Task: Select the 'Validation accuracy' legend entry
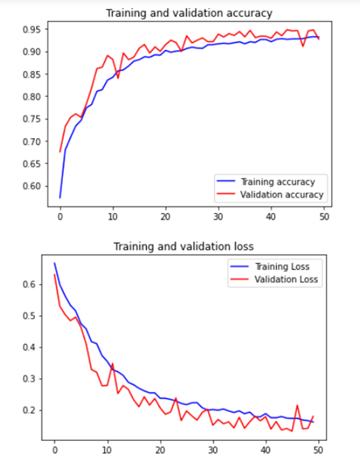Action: (283, 195)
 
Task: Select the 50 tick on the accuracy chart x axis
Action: (323, 217)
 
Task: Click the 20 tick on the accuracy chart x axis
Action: (165, 217)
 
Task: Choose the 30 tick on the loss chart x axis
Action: (212, 451)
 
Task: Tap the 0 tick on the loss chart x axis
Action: (55, 451)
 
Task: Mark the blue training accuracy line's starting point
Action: (60, 197)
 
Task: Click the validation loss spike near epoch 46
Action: (297, 405)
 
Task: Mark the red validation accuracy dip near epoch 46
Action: (303, 46)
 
